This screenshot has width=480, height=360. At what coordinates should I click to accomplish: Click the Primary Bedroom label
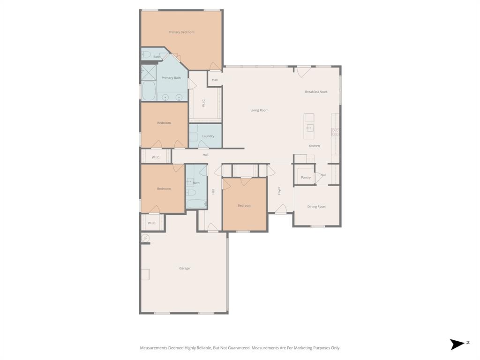181,32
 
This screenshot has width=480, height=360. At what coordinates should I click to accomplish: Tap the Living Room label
259,110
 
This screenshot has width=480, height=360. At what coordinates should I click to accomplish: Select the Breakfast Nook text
316,92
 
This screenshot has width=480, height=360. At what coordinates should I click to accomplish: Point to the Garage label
184,268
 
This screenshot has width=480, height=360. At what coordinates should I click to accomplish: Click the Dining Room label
316,207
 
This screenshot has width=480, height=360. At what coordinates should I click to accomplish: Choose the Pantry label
306,177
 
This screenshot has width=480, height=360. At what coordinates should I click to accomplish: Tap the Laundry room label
208,136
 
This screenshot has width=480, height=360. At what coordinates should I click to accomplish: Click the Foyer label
279,191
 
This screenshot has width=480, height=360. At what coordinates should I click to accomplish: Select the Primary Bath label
171,78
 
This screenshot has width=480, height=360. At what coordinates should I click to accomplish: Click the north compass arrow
457,344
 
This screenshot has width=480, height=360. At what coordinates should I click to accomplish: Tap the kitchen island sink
309,128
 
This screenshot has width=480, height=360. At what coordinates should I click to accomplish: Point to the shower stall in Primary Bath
149,73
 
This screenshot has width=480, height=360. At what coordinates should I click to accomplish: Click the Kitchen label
314,146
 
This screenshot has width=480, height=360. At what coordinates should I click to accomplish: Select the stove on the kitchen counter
335,132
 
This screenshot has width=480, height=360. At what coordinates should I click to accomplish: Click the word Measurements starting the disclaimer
153,348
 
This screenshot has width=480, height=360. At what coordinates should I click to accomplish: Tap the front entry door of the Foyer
281,211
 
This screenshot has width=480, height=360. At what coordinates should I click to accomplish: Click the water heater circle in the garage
145,239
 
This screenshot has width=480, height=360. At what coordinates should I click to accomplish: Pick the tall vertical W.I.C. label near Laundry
204,102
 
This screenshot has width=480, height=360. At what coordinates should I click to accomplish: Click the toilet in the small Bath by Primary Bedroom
146,55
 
